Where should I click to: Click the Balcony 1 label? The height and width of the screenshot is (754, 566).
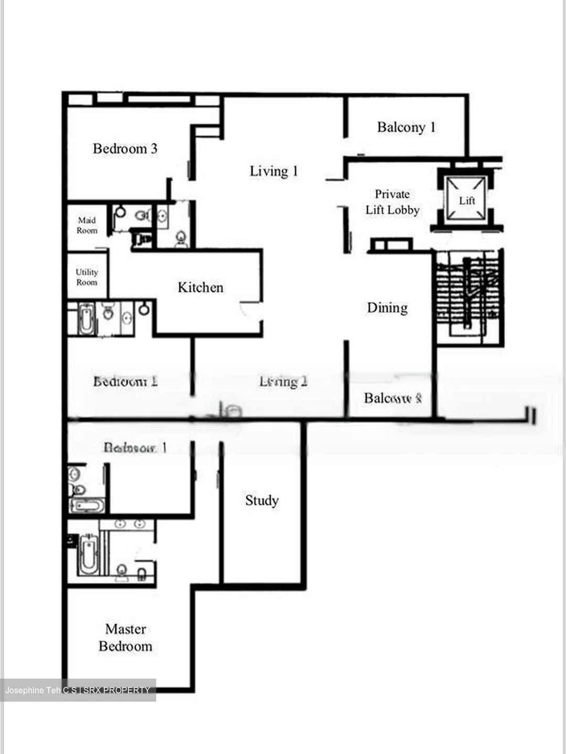(406, 127)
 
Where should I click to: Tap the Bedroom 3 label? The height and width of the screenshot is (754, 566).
(125, 149)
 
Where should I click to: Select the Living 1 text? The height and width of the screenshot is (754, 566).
(274, 171)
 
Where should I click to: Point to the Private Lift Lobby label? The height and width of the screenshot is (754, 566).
(393, 202)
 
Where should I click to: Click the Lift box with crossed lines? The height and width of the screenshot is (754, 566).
(466, 199)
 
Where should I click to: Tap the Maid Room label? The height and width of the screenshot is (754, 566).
(87, 225)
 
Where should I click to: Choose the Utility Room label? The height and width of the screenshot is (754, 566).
(87, 277)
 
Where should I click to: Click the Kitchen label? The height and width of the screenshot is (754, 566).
(200, 287)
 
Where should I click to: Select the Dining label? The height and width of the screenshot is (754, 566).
(387, 307)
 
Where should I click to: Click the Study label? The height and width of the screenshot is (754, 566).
(262, 501)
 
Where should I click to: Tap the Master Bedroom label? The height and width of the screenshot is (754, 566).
(126, 637)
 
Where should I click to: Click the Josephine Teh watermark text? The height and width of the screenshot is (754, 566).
(78, 690)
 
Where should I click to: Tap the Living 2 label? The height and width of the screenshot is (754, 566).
(283, 382)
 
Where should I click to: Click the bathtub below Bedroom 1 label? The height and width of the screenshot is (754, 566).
(87, 506)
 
